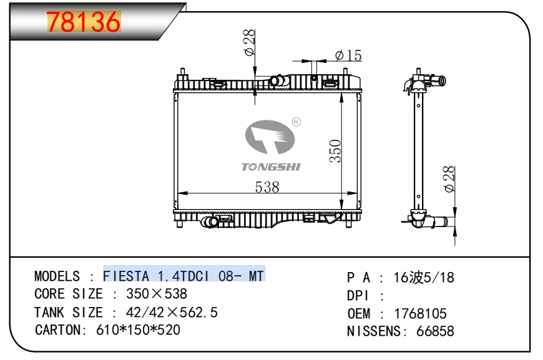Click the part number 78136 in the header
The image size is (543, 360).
84,23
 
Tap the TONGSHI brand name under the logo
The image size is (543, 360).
271,167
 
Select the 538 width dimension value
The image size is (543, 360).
267,187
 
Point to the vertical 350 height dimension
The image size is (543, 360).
335,151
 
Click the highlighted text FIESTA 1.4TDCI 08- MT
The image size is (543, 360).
183,276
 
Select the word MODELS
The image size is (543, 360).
57,276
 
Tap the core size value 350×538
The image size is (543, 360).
157,294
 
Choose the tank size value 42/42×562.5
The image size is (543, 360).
172,312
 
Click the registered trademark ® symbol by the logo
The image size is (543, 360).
296,122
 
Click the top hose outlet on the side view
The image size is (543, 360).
439,80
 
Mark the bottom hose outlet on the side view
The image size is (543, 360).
442,221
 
